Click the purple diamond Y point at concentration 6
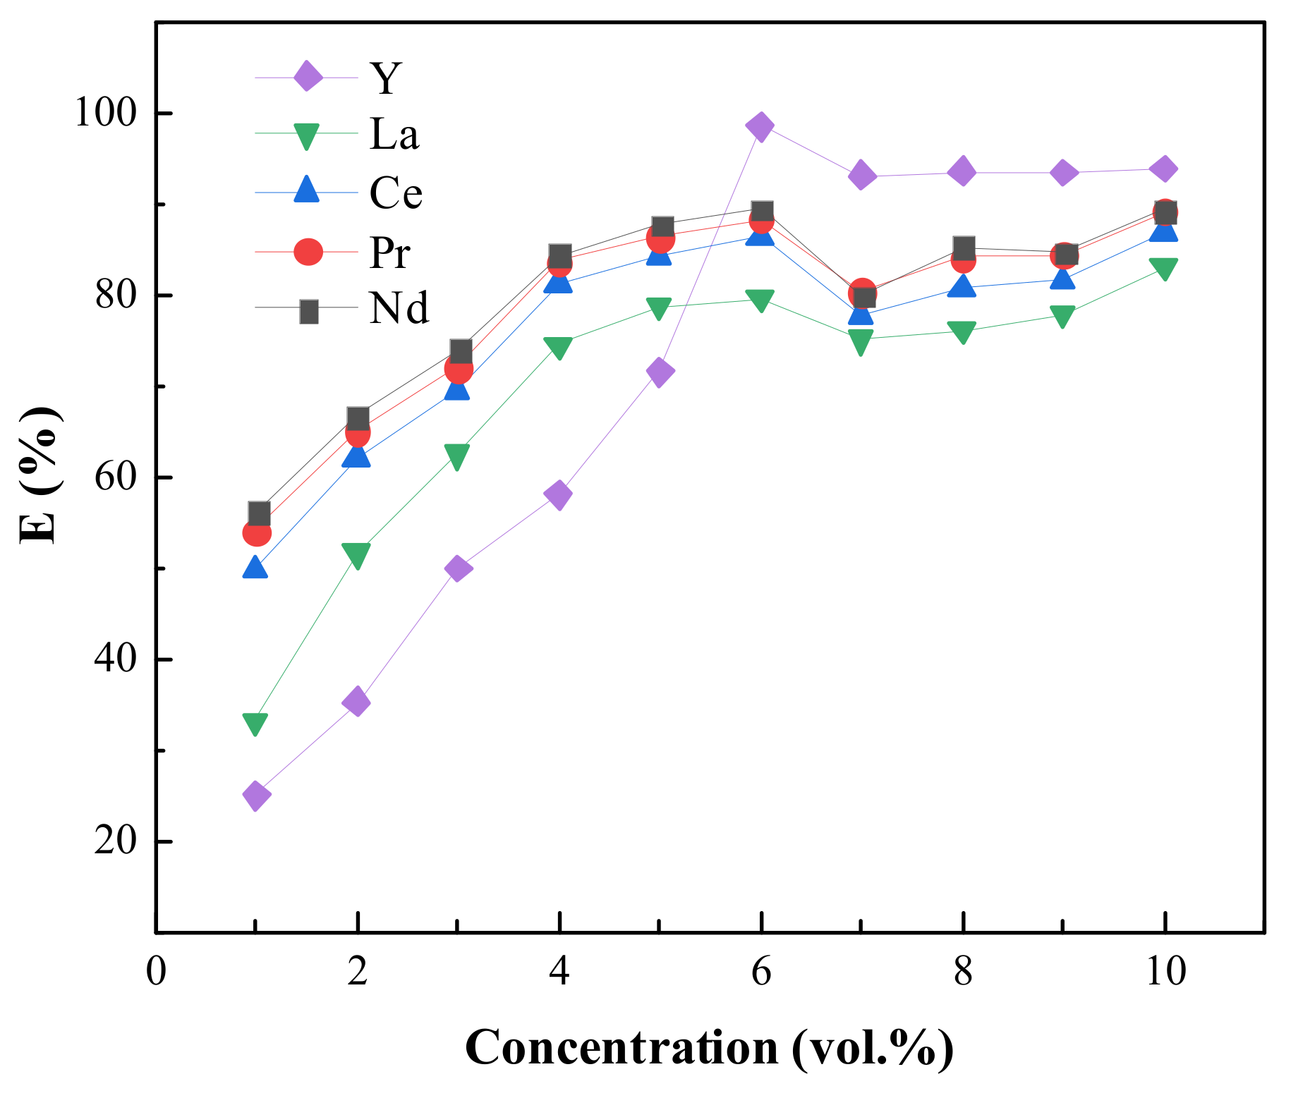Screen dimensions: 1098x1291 (760, 127)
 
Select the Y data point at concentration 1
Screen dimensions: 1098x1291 (256, 796)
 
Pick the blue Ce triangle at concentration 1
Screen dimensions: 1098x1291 (255, 568)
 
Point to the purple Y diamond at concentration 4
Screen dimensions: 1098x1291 (558, 494)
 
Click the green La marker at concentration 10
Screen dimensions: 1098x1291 (1164, 269)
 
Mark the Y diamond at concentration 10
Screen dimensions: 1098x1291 (1164, 169)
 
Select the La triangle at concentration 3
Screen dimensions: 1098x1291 (457, 457)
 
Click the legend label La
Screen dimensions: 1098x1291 (394, 134)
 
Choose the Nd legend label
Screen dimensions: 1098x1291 (399, 309)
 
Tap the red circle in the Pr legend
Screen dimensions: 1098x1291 (308, 251)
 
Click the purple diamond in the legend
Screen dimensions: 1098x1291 (308, 75)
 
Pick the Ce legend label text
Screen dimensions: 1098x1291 (396, 193)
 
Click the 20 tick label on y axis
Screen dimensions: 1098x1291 (114, 841)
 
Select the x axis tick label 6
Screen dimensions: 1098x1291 (760, 972)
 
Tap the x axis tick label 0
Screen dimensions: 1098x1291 (156, 972)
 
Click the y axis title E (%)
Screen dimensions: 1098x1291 (40, 475)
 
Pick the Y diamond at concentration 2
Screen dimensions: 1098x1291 (357, 702)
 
